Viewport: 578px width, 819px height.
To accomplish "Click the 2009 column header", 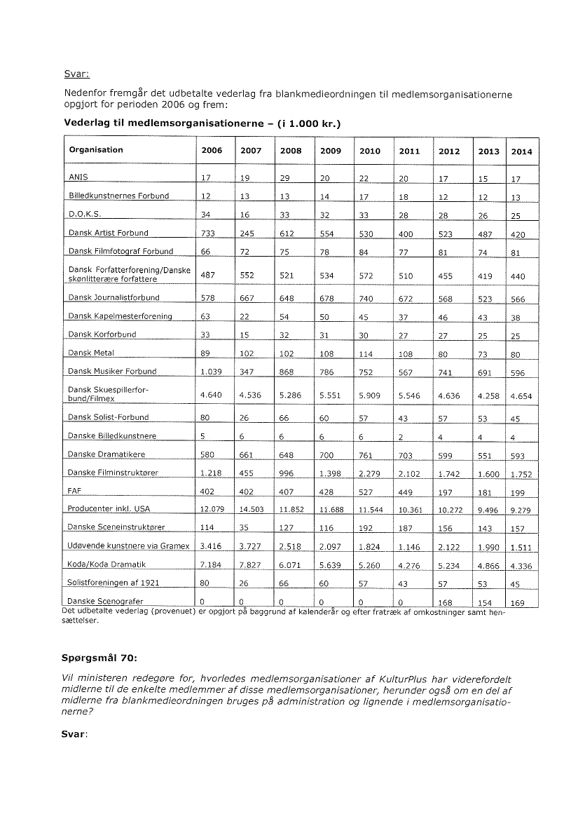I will coord(331,151).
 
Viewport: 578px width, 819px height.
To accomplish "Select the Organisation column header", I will coord(96,149).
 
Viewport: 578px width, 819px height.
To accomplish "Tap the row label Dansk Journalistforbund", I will coord(114,297).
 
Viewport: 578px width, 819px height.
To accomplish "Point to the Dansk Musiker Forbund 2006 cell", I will coord(212,372).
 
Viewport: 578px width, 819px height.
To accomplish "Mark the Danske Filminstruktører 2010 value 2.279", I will coord(369,474).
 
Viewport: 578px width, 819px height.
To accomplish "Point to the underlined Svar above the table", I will coord(77,72).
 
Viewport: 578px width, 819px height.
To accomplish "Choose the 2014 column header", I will coord(521,151).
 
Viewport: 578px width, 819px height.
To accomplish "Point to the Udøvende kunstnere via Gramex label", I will coord(128,546).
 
